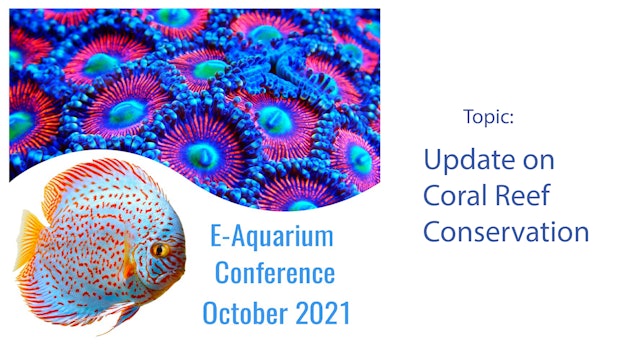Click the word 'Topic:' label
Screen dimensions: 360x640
pyautogui.click(x=489, y=117)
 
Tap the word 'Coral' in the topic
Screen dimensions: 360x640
pyautogui.click(x=459, y=195)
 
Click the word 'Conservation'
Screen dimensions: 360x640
pyautogui.click(x=505, y=232)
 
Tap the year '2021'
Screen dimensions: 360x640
pyautogui.click(x=321, y=312)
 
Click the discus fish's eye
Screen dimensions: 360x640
pyautogui.click(x=159, y=249)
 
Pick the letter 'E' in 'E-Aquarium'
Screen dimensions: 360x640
pyautogui.click(x=216, y=237)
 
